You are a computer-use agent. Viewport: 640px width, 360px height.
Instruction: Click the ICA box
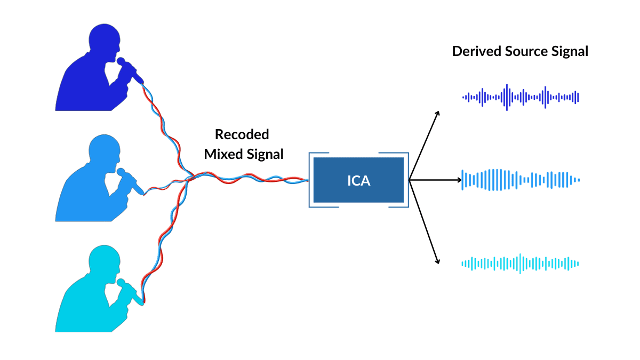pyautogui.click(x=358, y=180)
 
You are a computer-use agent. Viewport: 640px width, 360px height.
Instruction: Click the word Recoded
pyautogui.click(x=242, y=134)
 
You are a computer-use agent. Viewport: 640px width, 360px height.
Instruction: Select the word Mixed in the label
pyautogui.click(x=223, y=154)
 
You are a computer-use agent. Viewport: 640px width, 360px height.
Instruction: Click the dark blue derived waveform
pyautogui.click(x=521, y=97)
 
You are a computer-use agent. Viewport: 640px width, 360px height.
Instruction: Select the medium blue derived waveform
pyautogui.click(x=521, y=180)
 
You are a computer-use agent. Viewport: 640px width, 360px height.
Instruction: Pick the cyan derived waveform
pyautogui.click(x=521, y=263)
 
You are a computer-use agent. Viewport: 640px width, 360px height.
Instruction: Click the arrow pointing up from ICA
pyautogui.click(x=425, y=144)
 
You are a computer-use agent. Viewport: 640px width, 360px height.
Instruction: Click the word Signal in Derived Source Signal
pyautogui.click(x=570, y=51)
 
